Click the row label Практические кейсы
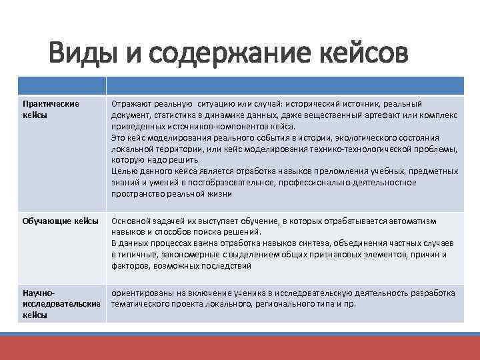pos(51,109)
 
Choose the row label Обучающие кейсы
pos(61,221)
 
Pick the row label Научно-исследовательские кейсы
pos(61,304)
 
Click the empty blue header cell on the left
pos(61,85)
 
